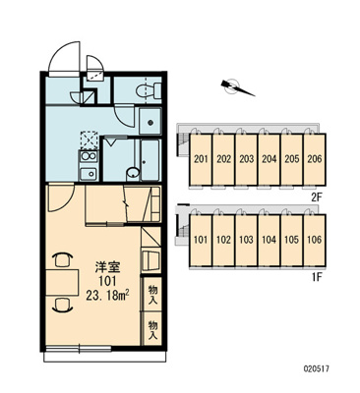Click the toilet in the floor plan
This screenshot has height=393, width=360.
[149, 89]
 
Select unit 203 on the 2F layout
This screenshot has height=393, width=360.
[246, 159]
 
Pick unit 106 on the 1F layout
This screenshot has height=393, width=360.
[315, 240]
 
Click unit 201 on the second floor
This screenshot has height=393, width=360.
[201, 159]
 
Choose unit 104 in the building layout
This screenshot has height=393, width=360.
[269, 240]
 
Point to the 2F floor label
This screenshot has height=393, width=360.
[317, 197]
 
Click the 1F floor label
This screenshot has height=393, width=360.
[317, 278]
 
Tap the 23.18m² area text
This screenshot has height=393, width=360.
[107, 295]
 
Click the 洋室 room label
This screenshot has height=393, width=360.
[107, 267]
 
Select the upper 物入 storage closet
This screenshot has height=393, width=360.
[152, 295]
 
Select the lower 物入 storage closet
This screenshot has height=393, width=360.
[152, 328]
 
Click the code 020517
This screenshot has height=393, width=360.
[316, 368]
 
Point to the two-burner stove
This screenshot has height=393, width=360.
[89, 156]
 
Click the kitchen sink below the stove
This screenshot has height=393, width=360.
[89, 174]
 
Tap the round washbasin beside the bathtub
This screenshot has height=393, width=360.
[133, 173]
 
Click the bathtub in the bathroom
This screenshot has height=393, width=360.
[150, 160]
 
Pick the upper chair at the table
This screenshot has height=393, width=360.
[62, 260]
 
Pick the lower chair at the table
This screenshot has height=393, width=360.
[62, 306]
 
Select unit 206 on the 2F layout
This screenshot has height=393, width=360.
[315, 159]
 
